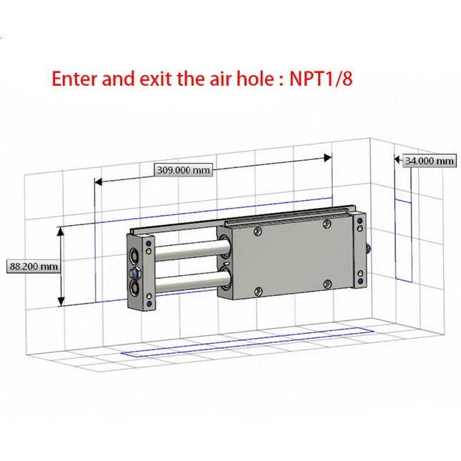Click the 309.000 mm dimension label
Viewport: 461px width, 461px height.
tap(183, 170)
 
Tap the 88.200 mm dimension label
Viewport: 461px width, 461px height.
tap(34, 267)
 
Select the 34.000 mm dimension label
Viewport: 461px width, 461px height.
tap(430, 161)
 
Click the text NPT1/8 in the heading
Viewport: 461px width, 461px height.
tap(321, 79)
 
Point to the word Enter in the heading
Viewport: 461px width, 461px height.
tap(74, 79)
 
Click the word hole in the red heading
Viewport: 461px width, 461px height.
tap(255, 78)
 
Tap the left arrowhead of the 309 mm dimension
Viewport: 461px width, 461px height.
tap(98, 182)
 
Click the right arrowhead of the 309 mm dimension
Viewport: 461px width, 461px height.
tap(328, 158)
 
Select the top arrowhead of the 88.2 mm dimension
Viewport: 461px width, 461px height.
tap(61, 232)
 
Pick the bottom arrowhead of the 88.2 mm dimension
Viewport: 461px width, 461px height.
tap(61, 302)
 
